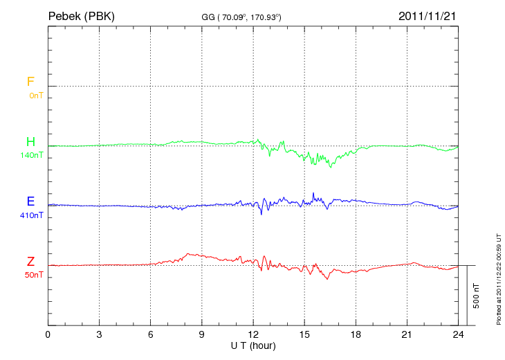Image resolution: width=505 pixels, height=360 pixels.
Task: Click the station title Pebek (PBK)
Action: coord(81,16)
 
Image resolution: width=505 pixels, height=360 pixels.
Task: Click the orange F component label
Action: coord(30,82)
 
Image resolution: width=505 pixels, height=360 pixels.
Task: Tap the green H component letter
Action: coord(30,142)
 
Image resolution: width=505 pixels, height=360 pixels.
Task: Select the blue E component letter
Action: coord(30,201)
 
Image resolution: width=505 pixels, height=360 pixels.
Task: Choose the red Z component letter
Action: coord(30,262)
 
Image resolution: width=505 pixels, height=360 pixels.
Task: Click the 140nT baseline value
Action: coord(32,155)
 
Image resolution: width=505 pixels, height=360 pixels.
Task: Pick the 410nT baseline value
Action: coord(32,215)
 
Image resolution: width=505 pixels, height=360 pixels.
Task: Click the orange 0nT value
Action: coord(36,95)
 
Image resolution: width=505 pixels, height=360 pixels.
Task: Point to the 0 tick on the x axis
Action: coord(48,334)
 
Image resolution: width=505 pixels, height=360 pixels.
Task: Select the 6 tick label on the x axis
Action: coord(151,334)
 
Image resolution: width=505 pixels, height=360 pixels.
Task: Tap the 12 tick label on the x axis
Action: coord(253,334)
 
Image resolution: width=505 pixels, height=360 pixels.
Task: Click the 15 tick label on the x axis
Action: coord(304,334)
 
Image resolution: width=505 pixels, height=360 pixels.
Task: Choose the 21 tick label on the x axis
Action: coord(407,334)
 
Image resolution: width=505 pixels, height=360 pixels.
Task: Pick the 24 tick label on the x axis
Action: coord(458,334)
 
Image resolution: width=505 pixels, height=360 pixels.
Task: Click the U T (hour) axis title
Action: coord(253,345)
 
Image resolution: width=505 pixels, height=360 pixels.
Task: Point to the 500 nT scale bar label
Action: coord(477,296)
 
